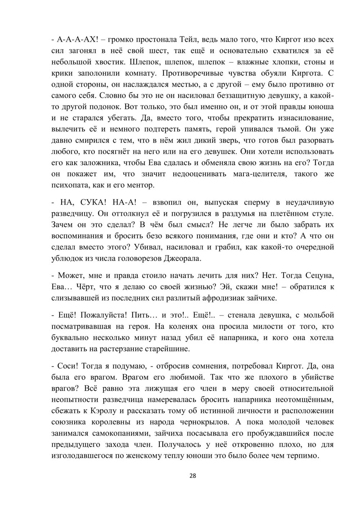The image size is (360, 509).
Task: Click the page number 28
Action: (x=193, y=476)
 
